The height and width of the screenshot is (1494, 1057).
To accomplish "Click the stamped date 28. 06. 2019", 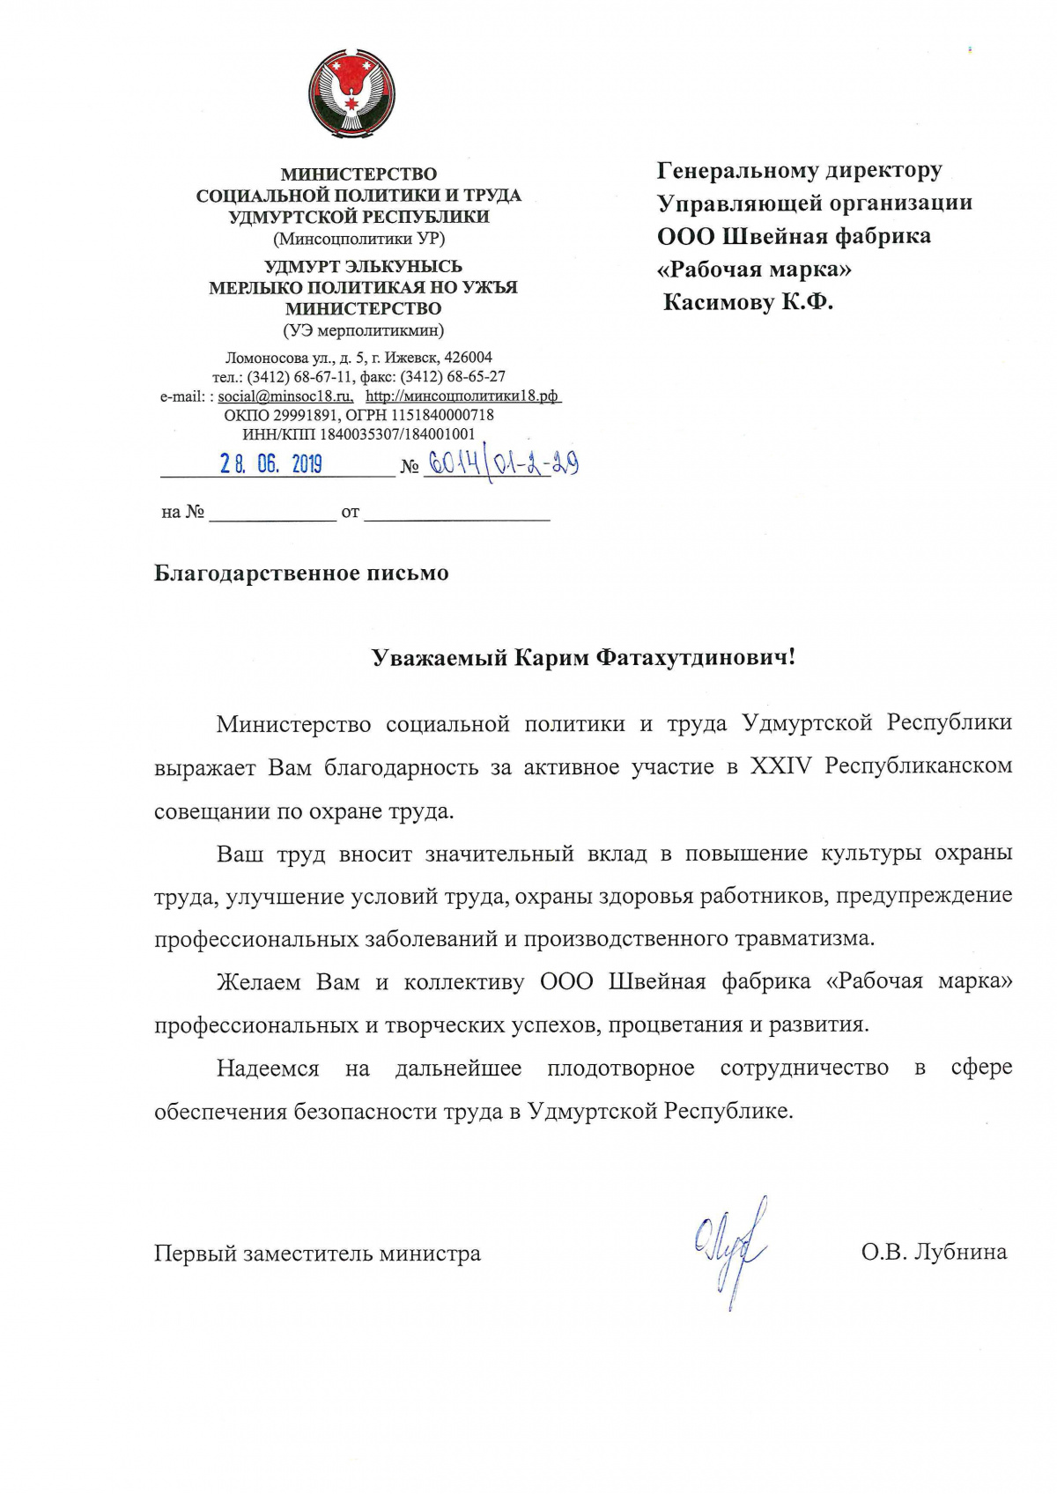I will [271, 464].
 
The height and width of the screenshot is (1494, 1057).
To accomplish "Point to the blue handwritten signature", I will [731, 1249].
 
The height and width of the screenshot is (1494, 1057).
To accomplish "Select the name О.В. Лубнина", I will [934, 1252].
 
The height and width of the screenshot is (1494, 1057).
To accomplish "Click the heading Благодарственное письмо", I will [301, 573].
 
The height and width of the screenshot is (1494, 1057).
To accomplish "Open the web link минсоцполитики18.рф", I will [462, 396].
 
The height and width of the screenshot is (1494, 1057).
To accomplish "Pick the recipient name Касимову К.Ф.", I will [748, 303].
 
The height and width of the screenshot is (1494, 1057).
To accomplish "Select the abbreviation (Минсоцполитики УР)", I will [358, 239].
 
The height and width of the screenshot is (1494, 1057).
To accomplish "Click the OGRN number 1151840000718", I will [439, 415].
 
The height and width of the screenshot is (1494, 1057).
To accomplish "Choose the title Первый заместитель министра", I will [317, 1253].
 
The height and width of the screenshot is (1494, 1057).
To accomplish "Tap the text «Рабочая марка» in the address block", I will [754, 270].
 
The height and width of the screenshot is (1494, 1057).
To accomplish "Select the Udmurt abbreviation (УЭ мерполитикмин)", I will [363, 331].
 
